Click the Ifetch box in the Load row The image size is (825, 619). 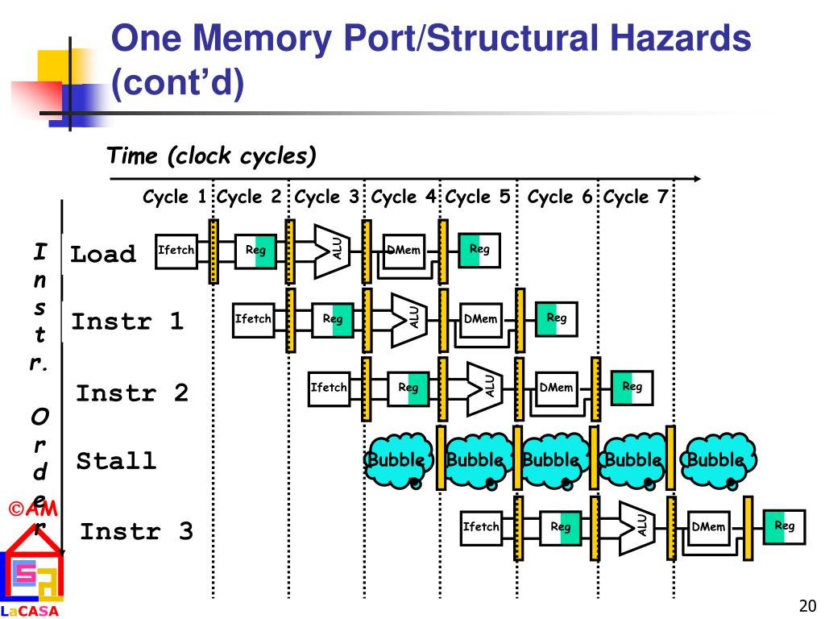click(x=176, y=251)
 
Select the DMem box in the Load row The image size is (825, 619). click(x=404, y=251)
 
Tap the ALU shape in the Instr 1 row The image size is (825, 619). click(x=409, y=320)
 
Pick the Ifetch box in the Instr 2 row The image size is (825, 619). click(x=330, y=388)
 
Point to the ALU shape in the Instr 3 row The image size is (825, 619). click(x=636, y=528)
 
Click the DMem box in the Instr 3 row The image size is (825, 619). click(x=709, y=528)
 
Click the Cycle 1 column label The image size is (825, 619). click(x=174, y=197)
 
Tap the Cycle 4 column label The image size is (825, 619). click(x=404, y=197)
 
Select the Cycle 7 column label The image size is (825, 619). click(x=636, y=197)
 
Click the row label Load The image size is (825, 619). click(x=103, y=254)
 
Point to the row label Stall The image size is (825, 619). click(x=116, y=461)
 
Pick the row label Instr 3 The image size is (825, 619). click(x=137, y=531)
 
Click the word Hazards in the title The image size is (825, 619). click(x=680, y=38)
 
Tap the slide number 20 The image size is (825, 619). click(x=807, y=606)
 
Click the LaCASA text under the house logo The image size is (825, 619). click(x=30, y=611)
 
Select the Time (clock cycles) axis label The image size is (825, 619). click(x=212, y=156)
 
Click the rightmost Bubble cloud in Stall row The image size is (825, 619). click(x=717, y=460)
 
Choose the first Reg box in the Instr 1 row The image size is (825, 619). click(x=333, y=320)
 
